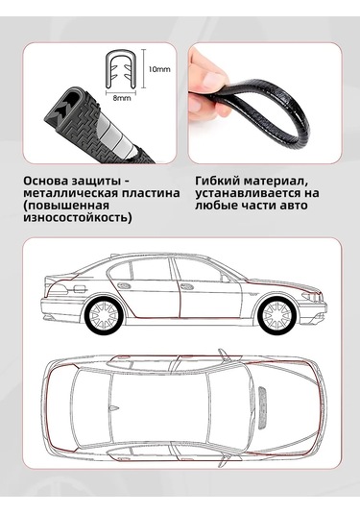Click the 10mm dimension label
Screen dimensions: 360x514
click(x=159, y=69)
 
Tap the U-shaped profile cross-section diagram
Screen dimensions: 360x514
click(x=120, y=70)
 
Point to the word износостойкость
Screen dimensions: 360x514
click(x=76, y=217)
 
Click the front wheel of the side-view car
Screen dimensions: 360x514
click(x=277, y=315)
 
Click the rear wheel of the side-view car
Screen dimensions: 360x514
click(x=104, y=315)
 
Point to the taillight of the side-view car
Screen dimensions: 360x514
click(x=58, y=289)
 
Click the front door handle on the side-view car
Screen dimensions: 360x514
click(x=188, y=286)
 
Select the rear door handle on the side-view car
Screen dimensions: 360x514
click(x=124, y=285)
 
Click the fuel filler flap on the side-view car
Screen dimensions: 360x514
click(x=80, y=289)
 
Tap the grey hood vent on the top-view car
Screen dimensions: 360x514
click(x=264, y=407)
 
